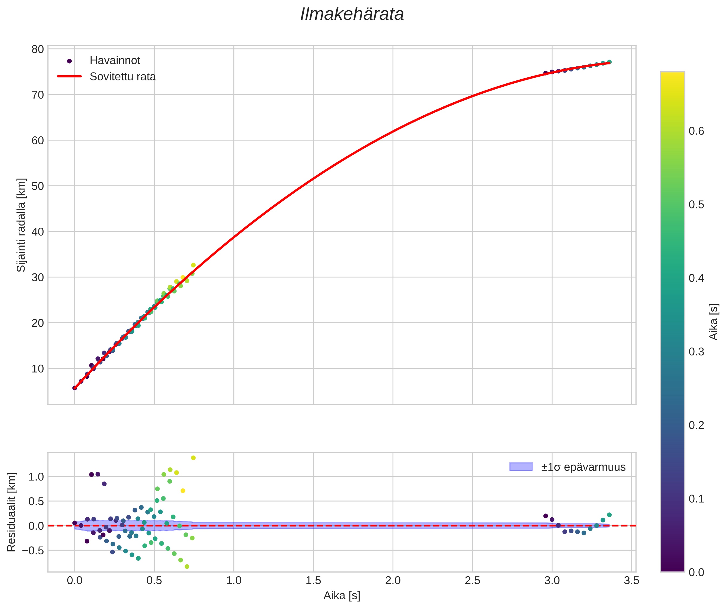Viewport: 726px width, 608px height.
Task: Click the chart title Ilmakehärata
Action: pyautogui.click(x=352, y=15)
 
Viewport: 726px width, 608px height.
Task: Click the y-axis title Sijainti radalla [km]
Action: pyautogui.click(x=21, y=225)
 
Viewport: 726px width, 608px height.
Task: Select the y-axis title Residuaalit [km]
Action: pyautogui.click(x=11, y=512)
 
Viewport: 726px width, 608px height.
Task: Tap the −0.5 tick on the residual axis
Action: pyautogui.click(x=33, y=551)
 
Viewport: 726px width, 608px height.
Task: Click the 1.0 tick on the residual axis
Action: pyautogui.click(x=36, y=477)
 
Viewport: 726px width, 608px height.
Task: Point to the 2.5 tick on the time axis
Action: pyautogui.click(x=472, y=580)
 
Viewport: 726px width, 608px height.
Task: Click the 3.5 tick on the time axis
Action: pyautogui.click(x=631, y=580)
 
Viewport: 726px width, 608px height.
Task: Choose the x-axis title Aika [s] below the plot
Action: pyautogui.click(x=342, y=596)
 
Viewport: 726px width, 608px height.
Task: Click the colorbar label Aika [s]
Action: pyautogui.click(x=714, y=322)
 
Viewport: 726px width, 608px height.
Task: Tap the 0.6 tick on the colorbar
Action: pyautogui.click(x=696, y=131)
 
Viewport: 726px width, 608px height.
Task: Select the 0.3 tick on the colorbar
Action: pyautogui.click(x=696, y=352)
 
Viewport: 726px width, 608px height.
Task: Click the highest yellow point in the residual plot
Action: pyautogui.click(x=193, y=458)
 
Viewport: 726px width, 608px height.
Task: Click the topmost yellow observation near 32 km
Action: pyautogui.click(x=193, y=265)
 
